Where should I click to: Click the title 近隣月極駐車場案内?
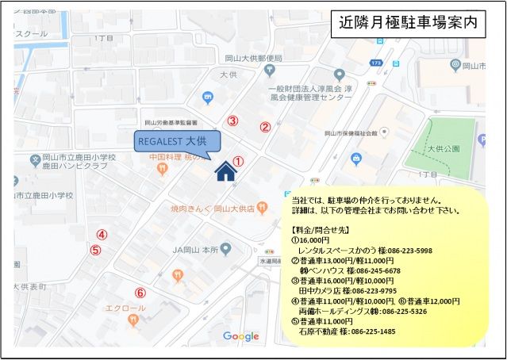[x=409, y=24]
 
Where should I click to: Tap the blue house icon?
[x=226, y=170]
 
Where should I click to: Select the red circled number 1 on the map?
[x=237, y=161]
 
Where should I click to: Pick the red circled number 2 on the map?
[x=266, y=126]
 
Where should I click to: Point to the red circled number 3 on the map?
[x=232, y=121]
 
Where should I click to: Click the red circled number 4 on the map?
[x=102, y=234]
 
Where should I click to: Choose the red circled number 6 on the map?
[x=140, y=292]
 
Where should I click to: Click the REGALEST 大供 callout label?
[x=172, y=140]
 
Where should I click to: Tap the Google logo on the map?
[x=241, y=337]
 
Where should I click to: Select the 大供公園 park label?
[x=444, y=148]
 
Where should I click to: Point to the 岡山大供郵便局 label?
[x=253, y=58]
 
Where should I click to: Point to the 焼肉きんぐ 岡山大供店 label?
[x=212, y=209]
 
